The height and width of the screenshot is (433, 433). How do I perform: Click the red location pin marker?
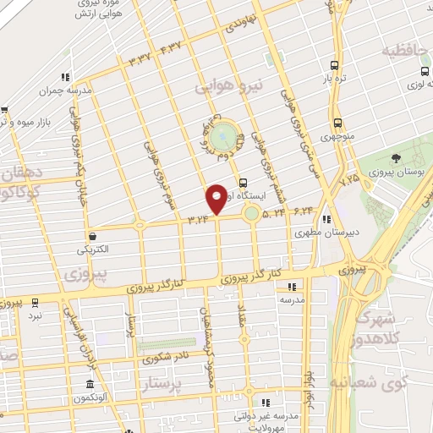216,199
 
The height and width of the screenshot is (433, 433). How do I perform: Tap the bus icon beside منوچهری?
337,122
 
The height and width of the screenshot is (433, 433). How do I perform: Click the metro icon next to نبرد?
35,302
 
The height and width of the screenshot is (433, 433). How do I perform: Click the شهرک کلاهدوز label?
382,326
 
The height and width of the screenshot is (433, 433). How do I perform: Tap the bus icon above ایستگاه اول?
244,181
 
